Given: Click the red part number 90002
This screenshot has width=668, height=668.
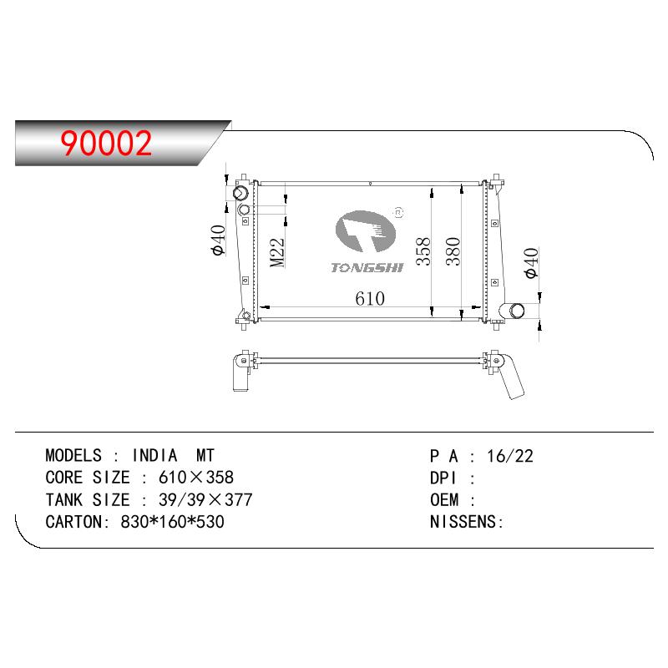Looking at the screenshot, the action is coord(106,143).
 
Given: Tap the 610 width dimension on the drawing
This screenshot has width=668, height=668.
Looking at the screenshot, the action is coord(370,298).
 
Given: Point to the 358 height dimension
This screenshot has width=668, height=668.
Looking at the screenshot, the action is coord(423,252).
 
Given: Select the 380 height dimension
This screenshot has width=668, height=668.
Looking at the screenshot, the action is coord(453,251).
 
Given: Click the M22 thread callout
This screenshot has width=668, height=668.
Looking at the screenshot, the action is coord(277,252).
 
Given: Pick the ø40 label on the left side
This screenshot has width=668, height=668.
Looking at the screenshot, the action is coord(219,240).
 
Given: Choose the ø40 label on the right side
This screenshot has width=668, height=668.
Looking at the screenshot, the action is coord(532,263).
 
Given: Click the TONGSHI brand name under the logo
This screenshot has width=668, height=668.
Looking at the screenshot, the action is coord(367,267).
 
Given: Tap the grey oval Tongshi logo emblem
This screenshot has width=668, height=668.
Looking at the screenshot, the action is coord(366,231).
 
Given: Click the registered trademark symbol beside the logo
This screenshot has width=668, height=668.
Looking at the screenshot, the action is coord(399,212).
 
